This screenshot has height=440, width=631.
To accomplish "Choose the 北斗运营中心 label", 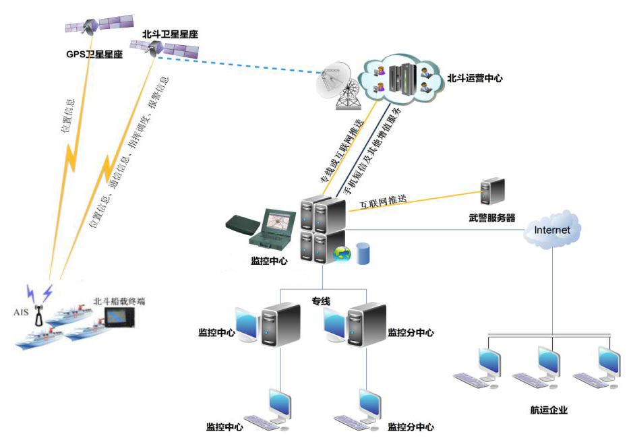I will pos(475,78).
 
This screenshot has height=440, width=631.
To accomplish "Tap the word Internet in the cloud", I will pos(552,230).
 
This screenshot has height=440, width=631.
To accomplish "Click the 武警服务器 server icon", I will pos(493,193).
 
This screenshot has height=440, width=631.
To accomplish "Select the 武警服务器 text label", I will pos(492,218).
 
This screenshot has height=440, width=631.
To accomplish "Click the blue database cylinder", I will pos(363,253).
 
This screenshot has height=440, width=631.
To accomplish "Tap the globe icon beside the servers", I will pos(343,254).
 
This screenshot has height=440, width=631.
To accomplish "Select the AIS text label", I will pos(22,312).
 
